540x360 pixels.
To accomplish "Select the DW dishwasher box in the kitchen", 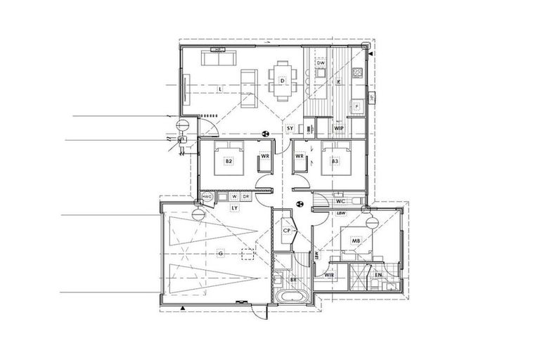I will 321,63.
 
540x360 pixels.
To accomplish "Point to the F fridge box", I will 356,106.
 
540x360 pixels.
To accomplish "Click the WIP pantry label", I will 338,127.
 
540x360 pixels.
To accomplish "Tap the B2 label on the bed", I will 229,161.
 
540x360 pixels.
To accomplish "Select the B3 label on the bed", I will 335,161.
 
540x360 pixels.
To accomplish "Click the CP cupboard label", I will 287,231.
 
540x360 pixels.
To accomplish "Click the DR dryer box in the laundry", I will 236,197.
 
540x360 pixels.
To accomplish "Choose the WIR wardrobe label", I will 328,275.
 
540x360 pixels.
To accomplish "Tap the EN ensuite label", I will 378,275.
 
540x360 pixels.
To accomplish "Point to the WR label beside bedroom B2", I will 265,155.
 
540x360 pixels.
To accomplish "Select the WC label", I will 339,201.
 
